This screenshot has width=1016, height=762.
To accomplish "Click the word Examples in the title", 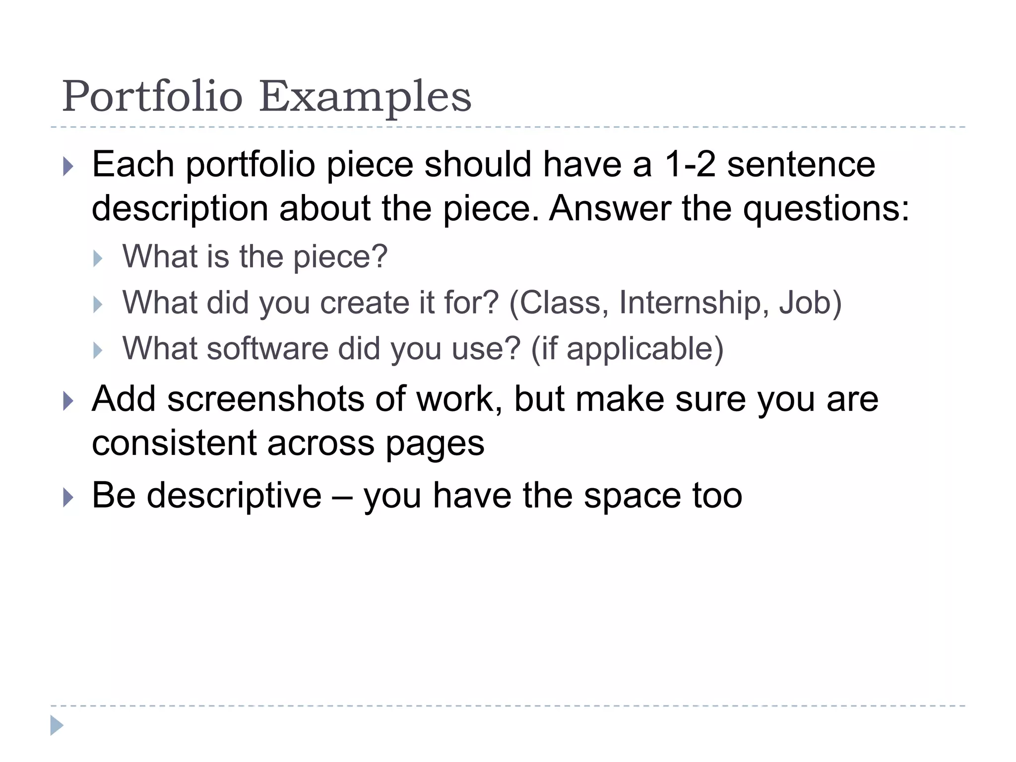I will click(365, 97).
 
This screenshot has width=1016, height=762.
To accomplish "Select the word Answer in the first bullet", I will click(610, 208).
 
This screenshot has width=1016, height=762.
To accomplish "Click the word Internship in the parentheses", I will click(690, 302).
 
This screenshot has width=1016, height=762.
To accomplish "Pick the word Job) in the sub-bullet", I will click(810, 303).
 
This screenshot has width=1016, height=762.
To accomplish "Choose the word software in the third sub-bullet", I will click(267, 348).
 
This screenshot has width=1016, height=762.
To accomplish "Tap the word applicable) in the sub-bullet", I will click(645, 349).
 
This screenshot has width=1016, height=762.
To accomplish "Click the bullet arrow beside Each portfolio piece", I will click(68, 167).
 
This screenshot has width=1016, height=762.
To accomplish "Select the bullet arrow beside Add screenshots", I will click(68, 401).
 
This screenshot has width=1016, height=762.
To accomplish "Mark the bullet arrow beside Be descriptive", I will click(68, 497).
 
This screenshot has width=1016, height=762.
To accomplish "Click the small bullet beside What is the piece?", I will click(98, 258).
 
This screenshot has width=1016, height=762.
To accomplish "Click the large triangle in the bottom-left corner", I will click(57, 725).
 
